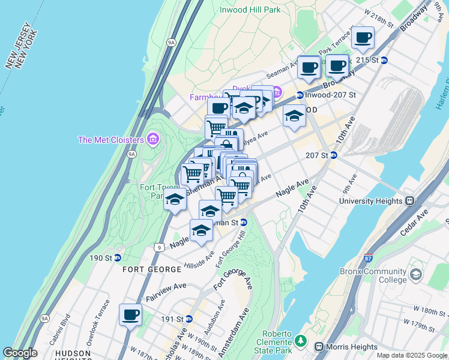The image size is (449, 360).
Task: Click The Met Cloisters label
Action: [111, 140]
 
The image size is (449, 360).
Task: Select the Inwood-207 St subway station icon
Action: [300, 95]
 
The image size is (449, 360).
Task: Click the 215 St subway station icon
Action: [384, 60]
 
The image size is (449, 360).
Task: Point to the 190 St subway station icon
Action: [118, 257]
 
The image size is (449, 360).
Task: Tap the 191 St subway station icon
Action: [188, 319]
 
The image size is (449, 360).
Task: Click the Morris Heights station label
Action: [351, 347]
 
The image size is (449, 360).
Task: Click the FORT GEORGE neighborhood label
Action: [148, 269]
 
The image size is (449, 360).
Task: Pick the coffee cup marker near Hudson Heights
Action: [130, 314]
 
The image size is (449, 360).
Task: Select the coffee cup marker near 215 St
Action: [363, 38]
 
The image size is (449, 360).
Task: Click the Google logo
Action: [20, 353]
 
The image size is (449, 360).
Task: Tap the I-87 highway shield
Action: [368, 259]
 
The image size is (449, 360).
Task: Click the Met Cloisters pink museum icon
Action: [153, 140]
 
